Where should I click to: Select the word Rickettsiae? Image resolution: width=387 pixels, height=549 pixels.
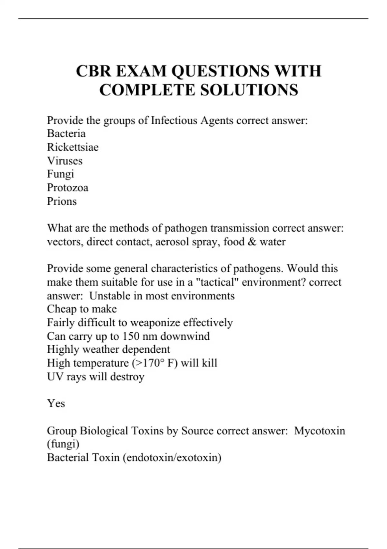click(73, 147)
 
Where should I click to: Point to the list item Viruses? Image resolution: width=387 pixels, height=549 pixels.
click(64, 161)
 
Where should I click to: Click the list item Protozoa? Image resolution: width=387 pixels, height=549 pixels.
click(67, 188)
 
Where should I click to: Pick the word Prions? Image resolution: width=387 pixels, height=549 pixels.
click(62, 201)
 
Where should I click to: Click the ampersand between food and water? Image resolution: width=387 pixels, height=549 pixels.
click(252, 242)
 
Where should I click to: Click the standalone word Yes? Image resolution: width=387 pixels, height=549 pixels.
click(56, 403)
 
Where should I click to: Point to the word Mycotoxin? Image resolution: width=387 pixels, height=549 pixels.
click(319, 430)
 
